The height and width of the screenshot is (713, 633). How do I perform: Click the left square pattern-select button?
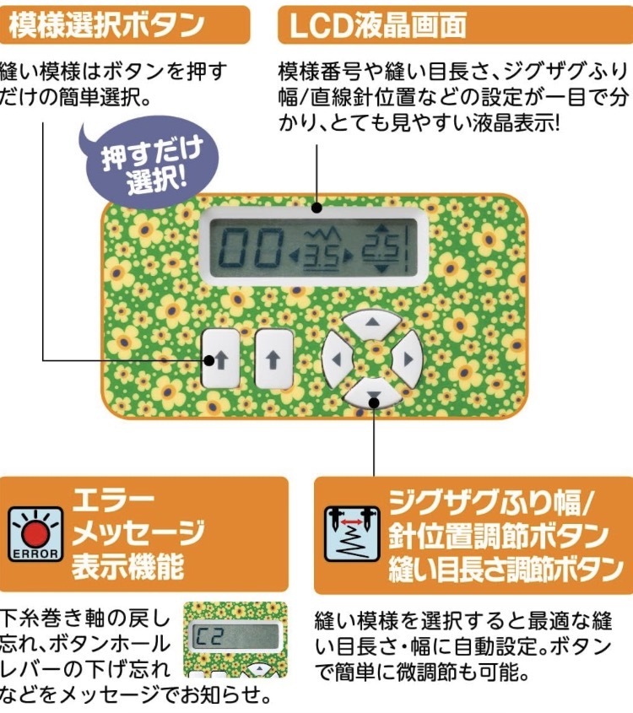(x=221, y=358)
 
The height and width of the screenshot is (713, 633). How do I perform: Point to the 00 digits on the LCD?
(x=248, y=248)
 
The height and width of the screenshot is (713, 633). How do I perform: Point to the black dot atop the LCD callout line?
(x=316, y=206)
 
